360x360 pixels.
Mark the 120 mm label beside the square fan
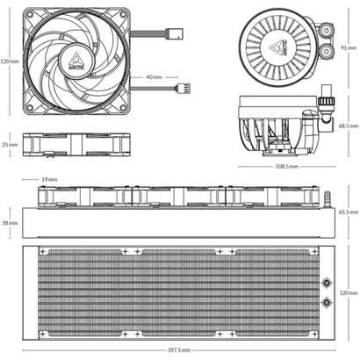coord(10,61)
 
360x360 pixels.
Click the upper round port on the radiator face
coord(327,284)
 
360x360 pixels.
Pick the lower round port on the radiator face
coord(327,302)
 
